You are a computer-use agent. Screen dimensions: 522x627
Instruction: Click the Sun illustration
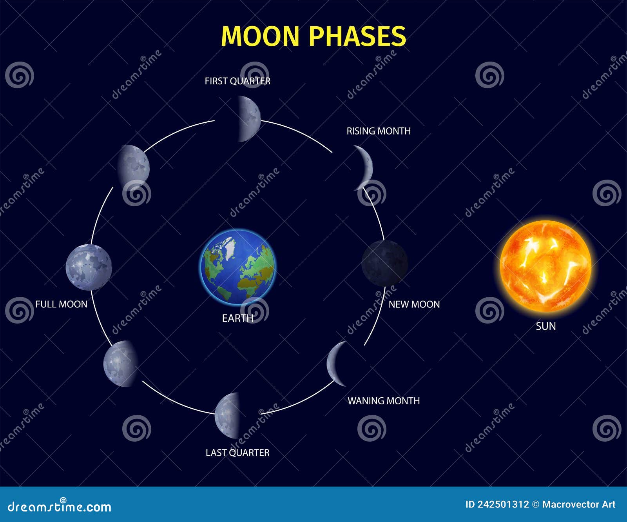coord(545,266)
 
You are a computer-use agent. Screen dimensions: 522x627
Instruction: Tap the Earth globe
coord(238,267)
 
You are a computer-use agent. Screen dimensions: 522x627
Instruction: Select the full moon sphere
coord(89,267)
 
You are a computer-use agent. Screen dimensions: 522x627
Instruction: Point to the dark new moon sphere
coord(384,263)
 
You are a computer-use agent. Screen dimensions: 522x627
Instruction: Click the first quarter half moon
coord(249,118)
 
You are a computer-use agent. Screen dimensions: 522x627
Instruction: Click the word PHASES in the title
coord(357,36)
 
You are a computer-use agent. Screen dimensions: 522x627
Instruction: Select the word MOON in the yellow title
coord(260,36)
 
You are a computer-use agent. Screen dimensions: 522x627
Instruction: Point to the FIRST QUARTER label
coord(237,81)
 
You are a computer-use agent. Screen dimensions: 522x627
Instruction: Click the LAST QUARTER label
coord(237,453)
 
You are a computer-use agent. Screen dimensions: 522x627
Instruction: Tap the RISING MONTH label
coord(379,131)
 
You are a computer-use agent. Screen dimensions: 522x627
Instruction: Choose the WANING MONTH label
coord(384,401)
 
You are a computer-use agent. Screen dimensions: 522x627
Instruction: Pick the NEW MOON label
coord(414,304)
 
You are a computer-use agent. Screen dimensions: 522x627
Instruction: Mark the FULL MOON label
coord(61,304)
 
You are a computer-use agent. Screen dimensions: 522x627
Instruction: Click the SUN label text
coord(546,326)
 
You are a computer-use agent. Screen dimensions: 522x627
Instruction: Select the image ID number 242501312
coord(503,505)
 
